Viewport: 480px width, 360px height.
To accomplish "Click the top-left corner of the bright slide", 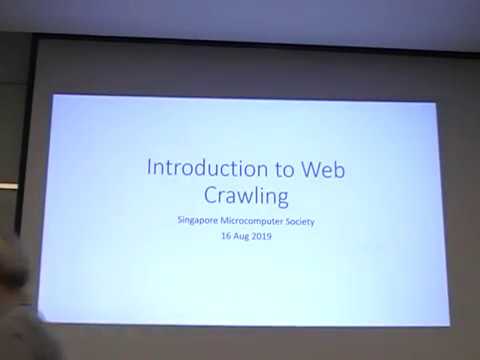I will pos(52,95).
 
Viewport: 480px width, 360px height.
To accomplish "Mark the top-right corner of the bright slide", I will pos(434,100).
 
